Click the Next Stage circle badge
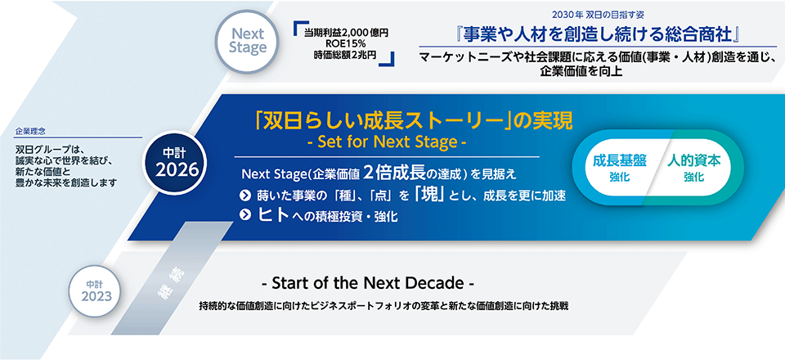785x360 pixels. click(x=249, y=42)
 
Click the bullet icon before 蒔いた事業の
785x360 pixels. click(x=244, y=195)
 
